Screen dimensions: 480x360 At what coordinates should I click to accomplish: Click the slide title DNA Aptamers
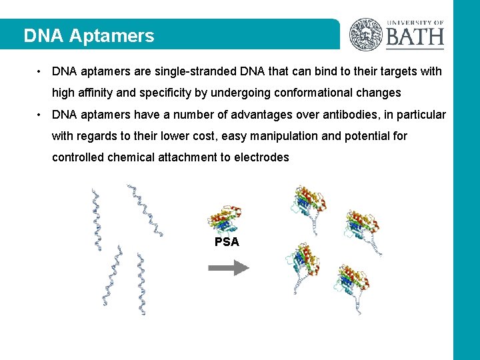pos(89,36)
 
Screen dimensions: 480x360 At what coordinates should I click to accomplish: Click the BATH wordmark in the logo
pos(415,36)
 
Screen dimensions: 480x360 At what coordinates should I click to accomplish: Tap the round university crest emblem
pos(366,34)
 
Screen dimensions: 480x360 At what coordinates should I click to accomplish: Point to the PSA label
pos(227,242)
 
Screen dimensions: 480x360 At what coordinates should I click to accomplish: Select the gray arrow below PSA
pos(228,268)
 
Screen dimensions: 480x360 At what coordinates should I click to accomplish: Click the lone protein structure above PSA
pos(225,220)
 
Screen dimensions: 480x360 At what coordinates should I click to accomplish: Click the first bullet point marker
pos(41,71)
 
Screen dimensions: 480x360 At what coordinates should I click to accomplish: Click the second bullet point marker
pos(41,115)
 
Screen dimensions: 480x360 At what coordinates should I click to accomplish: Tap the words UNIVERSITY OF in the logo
pos(415,23)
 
